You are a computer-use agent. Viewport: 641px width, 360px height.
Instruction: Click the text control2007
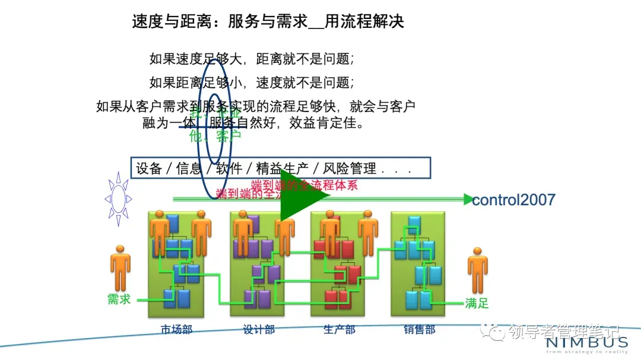coord(513,199)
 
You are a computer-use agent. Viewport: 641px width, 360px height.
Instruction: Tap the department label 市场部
coord(176,330)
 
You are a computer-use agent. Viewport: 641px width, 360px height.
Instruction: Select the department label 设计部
coord(259,330)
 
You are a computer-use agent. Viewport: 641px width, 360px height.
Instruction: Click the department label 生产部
coord(339,330)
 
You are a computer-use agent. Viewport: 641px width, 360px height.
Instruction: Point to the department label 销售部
coord(420,330)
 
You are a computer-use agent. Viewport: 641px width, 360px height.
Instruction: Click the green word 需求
coord(119,300)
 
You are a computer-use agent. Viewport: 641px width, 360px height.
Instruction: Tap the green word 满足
coord(477,304)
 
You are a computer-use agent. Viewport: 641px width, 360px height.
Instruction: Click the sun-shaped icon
coord(119,199)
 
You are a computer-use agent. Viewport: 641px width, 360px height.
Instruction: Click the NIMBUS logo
coord(587,343)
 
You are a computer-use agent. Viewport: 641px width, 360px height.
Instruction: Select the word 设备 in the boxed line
coord(149,168)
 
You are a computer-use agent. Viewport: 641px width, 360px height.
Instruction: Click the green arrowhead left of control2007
coord(468,199)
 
